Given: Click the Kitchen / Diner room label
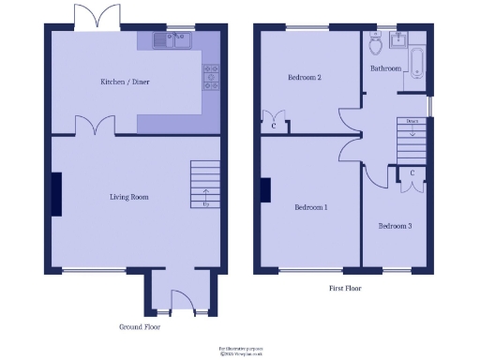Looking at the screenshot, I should point(125,82).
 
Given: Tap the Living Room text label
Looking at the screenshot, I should point(128,197).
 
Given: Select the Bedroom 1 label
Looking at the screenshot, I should point(310,207).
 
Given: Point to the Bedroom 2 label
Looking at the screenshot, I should point(305,78).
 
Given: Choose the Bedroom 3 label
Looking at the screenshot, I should point(395,226).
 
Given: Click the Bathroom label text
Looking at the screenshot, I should point(385,68).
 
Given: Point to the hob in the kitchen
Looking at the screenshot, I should point(210,75).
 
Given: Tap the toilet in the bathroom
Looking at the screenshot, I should point(375,44).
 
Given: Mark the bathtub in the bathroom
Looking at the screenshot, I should point(417,67).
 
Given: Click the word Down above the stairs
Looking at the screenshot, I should point(412,121).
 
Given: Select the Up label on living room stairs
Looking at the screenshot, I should point(205,202).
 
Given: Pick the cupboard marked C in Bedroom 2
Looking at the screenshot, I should point(274,125).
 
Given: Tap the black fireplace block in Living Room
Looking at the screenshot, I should point(57,194).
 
